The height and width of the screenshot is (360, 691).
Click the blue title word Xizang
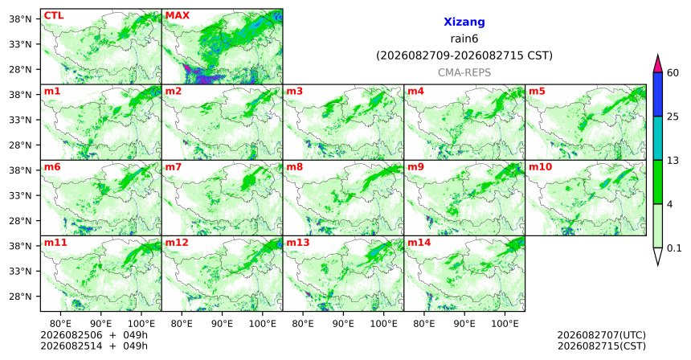point(464,22)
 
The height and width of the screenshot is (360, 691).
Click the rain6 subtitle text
point(464,39)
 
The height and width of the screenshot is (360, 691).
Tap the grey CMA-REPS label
point(464,72)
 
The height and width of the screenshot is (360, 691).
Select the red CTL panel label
point(54,15)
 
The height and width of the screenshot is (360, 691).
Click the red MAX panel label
point(177,15)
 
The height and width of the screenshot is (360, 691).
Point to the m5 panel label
point(537,92)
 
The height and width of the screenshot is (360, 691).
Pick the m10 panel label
point(540,167)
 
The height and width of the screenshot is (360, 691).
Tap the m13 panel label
point(298,243)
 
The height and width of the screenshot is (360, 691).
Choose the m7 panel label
point(174,167)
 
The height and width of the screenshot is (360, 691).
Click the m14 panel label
point(419,243)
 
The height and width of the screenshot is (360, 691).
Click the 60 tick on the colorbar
point(673,72)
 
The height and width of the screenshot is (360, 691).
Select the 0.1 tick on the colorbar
point(674,248)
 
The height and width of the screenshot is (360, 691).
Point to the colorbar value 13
point(673,161)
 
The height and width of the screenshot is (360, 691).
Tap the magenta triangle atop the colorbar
point(658,64)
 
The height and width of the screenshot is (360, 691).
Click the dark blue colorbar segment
point(658,94)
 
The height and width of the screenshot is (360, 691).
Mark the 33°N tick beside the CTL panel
point(20,44)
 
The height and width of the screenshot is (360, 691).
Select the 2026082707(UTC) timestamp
point(602,336)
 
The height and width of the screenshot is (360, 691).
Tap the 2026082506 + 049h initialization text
point(94,335)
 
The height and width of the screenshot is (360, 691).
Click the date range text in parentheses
point(464,56)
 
